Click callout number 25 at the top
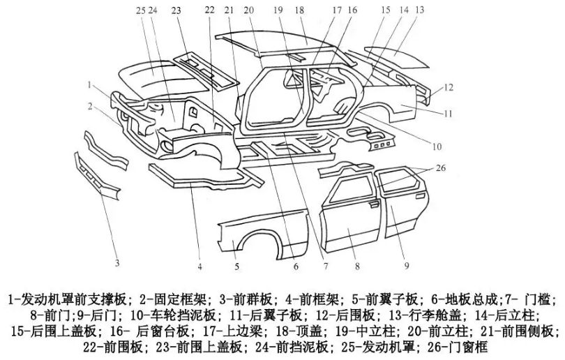(x=140, y=10)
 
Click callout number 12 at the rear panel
(x=450, y=87)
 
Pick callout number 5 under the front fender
(x=236, y=267)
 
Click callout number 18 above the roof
(x=300, y=10)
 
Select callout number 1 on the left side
(x=91, y=84)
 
